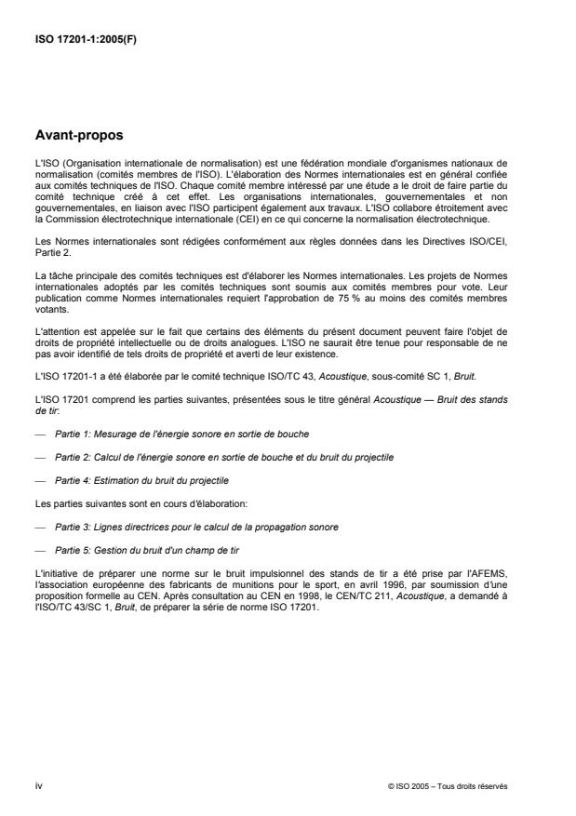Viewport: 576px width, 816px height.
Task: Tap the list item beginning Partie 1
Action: pyautogui.click(x=181, y=435)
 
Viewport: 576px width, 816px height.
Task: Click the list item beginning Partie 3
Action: pyautogui.click(x=195, y=528)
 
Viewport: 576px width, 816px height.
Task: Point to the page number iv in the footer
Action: pyautogui.click(x=38, y=785)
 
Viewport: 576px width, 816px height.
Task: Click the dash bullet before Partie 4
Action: pyautogui.click(x=39, y=481)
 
